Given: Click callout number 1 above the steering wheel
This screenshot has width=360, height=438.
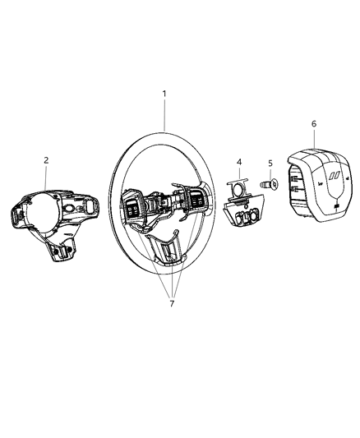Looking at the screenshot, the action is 164,94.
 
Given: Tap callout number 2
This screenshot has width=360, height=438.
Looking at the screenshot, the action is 46,160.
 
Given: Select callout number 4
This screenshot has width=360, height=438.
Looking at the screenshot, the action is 239,162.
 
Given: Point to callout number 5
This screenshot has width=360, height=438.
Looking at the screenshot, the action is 270,164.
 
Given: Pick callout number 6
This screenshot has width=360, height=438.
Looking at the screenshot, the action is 314,124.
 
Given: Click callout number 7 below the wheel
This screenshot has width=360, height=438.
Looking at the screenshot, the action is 172,303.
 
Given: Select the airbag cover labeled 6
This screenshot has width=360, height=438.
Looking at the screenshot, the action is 320,186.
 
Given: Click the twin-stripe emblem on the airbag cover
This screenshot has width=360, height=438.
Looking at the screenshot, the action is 334,175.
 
